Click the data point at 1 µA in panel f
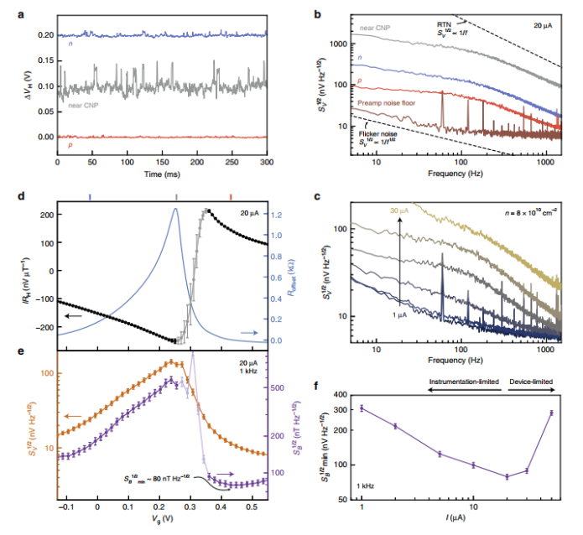(362, 408)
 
